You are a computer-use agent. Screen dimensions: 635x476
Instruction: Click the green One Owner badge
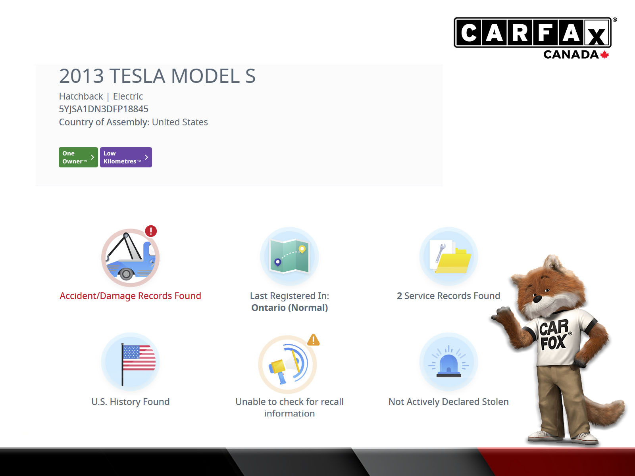[78, 157]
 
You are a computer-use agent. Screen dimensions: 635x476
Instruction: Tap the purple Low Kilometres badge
[126, 157]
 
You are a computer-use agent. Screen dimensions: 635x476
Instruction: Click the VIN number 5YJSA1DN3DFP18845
[104, 109]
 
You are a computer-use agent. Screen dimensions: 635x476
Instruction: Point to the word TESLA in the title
[137, 76]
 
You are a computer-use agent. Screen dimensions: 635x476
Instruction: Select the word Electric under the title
[128, 96]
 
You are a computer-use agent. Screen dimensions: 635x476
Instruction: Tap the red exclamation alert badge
[151, 231]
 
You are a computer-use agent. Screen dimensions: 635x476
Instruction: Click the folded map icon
[289, 256]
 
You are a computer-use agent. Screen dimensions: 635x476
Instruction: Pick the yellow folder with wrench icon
[450, 257]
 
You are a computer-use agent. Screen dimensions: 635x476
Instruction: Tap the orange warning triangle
[313, 340]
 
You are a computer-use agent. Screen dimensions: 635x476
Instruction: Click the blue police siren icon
[449, 361]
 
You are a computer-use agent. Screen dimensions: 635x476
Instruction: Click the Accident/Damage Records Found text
[130, 296]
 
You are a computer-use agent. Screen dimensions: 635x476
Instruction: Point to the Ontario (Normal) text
[290, 308]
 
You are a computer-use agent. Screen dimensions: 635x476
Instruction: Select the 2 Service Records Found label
[448, 296]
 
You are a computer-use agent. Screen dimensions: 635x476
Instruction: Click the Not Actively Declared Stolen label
[448, 402]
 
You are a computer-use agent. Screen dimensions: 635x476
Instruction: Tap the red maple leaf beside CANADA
[604, 55]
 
